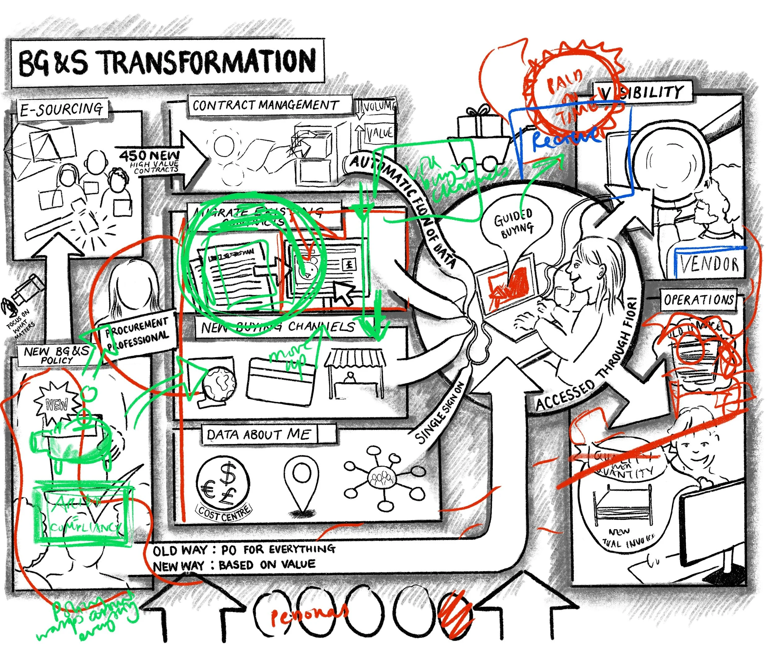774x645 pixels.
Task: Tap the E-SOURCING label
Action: coord(61,110)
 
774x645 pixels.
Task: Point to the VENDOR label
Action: coord(709,264)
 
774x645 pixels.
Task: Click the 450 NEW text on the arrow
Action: coord(149,155)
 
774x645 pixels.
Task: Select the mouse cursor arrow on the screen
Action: coord(344,293)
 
